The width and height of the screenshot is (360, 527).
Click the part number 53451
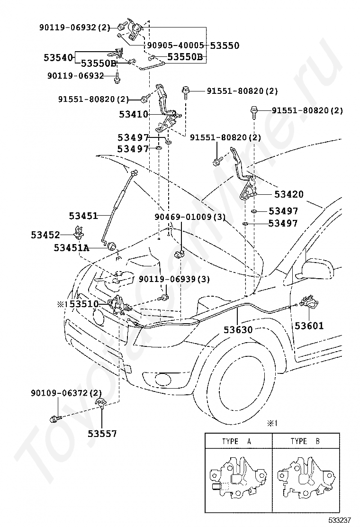click(x=83, y=216)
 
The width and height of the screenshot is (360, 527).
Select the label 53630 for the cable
click(x=238, y=330)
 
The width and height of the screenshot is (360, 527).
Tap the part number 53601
click(x=309, y=325)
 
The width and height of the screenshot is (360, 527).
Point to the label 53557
click(x=102, y=434)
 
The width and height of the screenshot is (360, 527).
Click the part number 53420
click(x=289, y=194)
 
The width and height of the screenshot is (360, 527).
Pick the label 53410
click(x=134, y=114)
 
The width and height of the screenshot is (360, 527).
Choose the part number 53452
click(x=45, y=235)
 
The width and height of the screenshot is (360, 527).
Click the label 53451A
click(x=72, y=248)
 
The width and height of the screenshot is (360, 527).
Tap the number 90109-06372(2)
click(x=66, y=392)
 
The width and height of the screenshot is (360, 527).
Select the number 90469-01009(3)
click(x=190, y=217)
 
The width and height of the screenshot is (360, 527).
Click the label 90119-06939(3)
click(x=174, y=279)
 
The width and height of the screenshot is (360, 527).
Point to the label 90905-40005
click(x=175, y=45)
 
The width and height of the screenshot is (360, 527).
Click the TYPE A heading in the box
click(x=236, y=441)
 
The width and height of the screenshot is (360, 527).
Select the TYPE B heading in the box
click(x=305, y=441)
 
